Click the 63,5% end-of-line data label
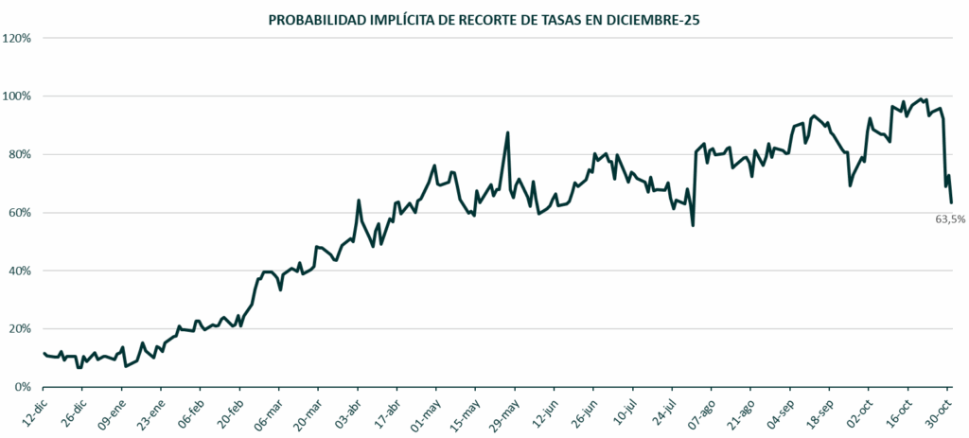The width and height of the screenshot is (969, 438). coord(950,219)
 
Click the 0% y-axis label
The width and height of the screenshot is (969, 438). coord(24,387)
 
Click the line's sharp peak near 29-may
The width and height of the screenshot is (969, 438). coord(508,132)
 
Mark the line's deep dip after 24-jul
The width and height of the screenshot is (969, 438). coord(694,225)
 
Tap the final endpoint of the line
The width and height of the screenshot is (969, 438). coord(951,201)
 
